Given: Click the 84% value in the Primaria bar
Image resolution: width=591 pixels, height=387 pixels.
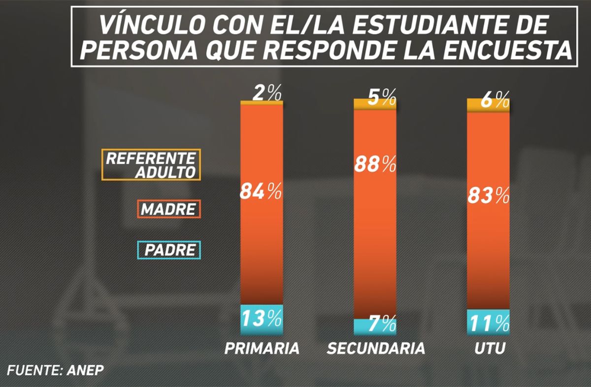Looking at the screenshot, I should [261, 191].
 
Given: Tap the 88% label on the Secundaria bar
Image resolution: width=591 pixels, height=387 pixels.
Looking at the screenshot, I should [375, 164].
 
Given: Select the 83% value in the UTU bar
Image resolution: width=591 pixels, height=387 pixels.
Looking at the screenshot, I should [488, 196].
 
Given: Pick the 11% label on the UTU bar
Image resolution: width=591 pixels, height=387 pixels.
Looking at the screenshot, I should [488, 323].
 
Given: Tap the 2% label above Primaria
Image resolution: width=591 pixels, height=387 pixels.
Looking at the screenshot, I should [267, 93].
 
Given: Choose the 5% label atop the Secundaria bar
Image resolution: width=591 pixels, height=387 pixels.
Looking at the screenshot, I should [382, 98].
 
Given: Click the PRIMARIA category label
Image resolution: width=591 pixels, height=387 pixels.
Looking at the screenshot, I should [262, 349].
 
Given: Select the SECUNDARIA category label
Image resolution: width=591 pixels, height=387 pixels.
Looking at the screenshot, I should [376, 349].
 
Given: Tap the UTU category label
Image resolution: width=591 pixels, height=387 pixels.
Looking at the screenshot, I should [489, 349].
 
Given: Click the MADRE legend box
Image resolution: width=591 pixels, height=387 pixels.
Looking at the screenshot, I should [168, 209].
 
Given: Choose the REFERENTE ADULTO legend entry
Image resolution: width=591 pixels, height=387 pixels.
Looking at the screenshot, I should [151, 165].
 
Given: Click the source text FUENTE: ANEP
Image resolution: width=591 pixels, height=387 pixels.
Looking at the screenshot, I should [56, 370].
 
